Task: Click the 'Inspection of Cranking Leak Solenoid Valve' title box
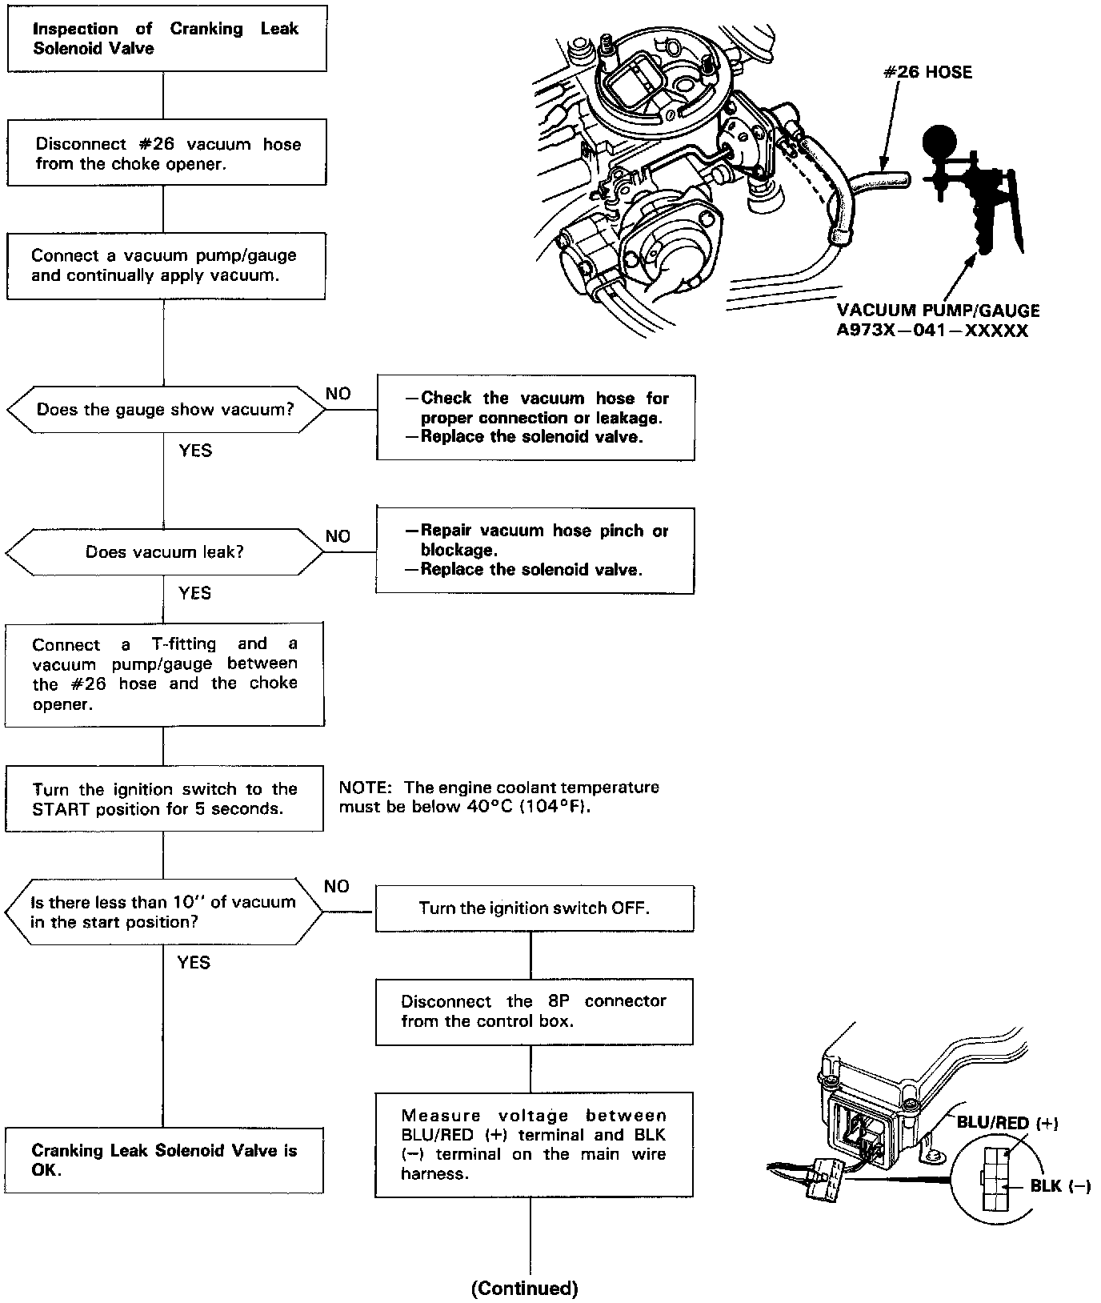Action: coord(166,38)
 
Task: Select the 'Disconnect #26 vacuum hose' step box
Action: coord(167,153)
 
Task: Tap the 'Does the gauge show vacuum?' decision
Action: coord(166,410)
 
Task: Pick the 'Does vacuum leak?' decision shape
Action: coord(165,551)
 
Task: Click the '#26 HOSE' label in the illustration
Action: coord(927,73)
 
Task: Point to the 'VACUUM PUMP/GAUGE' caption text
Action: coord(938,311)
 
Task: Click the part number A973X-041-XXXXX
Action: coord(932,331)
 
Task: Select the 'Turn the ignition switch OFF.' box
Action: coord(534,908)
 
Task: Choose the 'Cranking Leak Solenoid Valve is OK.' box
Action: coord(164,1160)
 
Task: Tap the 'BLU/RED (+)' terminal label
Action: coord(1007,1123)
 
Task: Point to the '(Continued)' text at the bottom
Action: coord(524,1288)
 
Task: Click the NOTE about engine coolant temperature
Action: coord(498,796)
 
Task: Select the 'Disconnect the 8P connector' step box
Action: coord(534,1011)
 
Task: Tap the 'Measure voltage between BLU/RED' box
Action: coord(534,1145)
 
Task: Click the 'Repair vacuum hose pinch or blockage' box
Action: coord(535,550)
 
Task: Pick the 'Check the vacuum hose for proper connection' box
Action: coord(535,417)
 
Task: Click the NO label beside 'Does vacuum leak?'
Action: coord(338,536)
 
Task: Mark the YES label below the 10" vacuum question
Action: coord(194,962)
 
